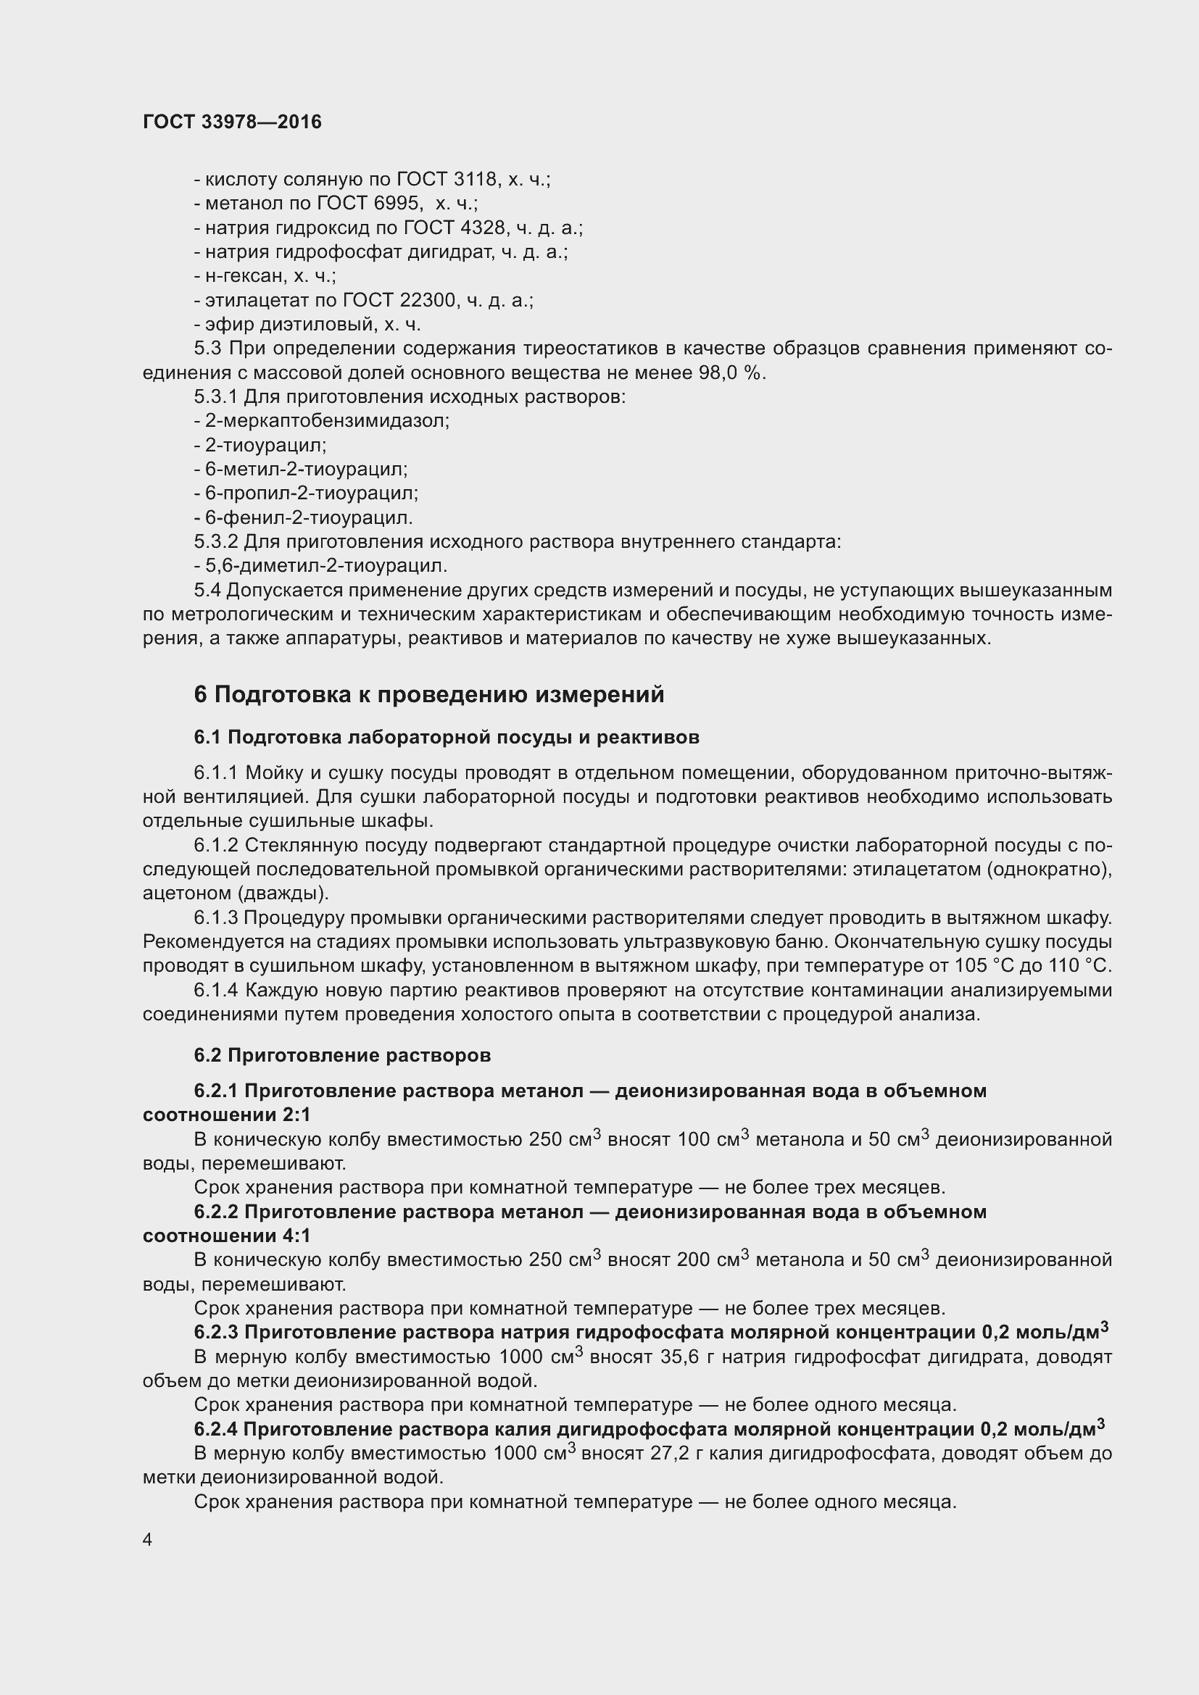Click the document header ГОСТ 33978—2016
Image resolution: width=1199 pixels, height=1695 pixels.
(233, 122)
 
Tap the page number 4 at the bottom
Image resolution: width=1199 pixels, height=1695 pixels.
(148, 1539)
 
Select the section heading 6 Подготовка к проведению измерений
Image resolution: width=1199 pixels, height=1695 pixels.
(429, 695)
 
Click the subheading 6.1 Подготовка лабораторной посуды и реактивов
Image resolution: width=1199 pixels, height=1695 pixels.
(447, 737)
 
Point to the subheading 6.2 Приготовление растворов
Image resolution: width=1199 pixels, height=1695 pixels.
(343, 1055)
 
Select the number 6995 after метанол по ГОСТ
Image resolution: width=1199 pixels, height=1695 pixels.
(397, 204)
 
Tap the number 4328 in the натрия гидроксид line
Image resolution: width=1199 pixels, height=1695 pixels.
(480, 228)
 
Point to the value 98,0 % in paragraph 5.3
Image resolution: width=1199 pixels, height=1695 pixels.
(731, 372)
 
